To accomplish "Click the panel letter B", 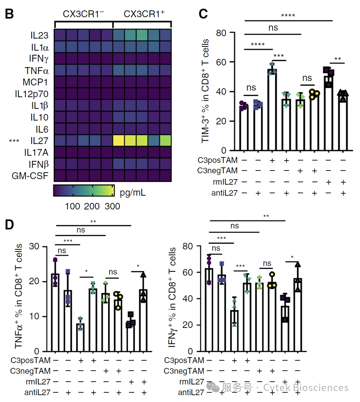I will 9,14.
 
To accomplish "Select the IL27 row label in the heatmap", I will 39,141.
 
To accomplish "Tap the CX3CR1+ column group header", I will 144,14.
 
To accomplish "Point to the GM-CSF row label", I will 30,176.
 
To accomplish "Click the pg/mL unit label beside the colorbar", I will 133,193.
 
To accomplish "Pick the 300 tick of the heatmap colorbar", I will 112,206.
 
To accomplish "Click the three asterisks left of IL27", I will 14,141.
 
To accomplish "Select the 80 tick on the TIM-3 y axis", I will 221,33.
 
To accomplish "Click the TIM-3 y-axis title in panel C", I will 205,91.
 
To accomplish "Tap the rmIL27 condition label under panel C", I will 225,182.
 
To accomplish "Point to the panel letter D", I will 9,225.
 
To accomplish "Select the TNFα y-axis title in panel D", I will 19,296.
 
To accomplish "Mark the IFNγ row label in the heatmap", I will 39,59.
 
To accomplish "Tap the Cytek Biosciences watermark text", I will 306,388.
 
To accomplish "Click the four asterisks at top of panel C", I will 288,16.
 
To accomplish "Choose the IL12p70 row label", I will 31,94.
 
